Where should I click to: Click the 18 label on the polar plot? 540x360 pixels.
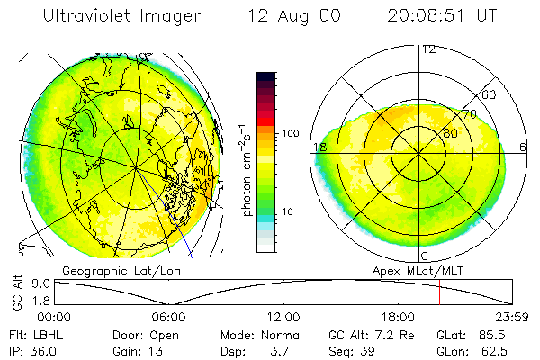(319, 147)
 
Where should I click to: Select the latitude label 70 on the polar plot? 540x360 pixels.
(469, 114)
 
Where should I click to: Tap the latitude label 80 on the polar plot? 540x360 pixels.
(450, 133)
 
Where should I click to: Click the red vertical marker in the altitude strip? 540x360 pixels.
(439, 292)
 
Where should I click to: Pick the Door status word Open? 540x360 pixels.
(166, 334)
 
